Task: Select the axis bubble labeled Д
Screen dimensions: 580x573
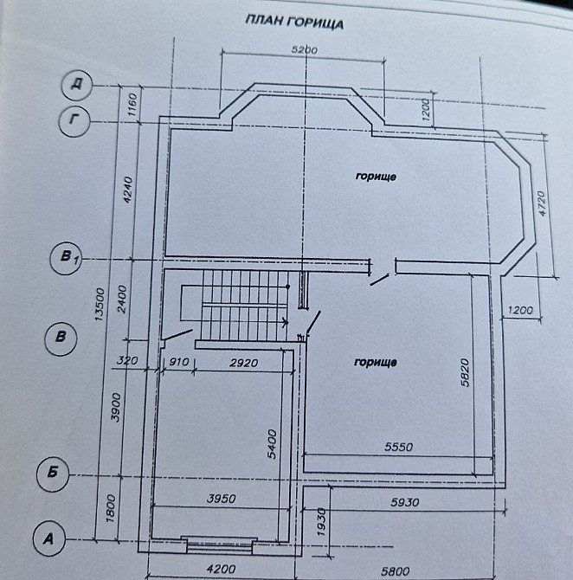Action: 77,86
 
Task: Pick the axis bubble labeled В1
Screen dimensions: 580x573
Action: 67,257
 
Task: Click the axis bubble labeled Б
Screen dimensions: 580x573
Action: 53,473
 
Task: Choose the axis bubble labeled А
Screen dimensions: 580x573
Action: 48,538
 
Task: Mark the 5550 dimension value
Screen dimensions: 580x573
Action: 399,448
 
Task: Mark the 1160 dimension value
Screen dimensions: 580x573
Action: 132,106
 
